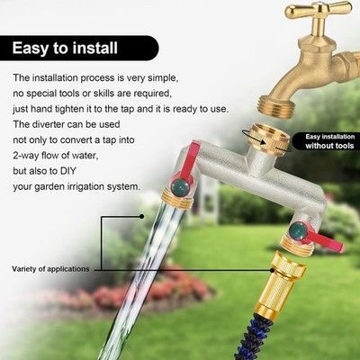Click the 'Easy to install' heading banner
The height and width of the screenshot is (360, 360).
79,48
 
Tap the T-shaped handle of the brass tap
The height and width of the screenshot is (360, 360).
319,11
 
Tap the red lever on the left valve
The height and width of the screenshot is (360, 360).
186,163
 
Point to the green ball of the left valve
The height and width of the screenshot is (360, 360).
180,187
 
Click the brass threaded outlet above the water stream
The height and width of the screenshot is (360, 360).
177,199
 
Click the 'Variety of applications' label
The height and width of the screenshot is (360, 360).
50,269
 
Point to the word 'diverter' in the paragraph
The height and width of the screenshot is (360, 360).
48,124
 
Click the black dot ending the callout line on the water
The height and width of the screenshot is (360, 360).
142,216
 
